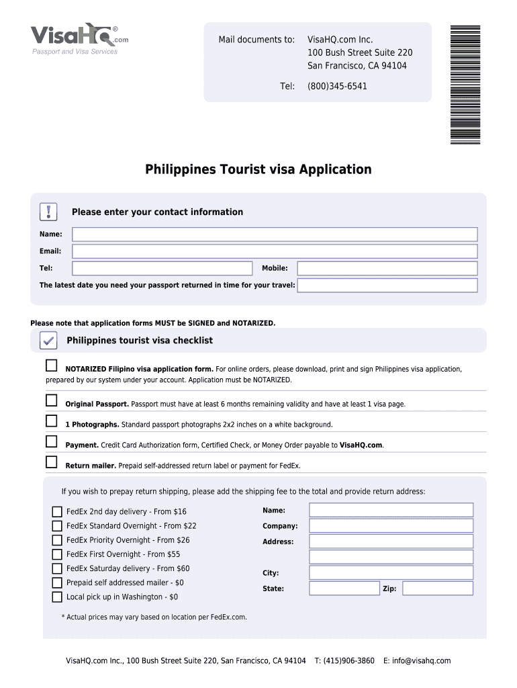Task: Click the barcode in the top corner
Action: click(465, 84)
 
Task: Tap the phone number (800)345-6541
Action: click(337, 86)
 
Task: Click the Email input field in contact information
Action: click(275, 251)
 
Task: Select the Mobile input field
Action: click(387, 268)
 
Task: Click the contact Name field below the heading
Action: click(275, 234)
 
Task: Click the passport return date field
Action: click(387, 286)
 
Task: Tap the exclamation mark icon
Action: click(48, 212)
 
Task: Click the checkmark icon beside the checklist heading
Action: click(48, 341)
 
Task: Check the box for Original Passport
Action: click(52, 400)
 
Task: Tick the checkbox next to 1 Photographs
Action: click(52, 421)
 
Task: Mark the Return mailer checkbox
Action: click(52, 462)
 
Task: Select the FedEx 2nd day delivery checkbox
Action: click(57, 512)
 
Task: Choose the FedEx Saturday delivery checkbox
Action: click(57, 568)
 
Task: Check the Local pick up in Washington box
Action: click(57, 597)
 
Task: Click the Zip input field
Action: click(438, 589)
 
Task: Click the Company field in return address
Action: click(391, 526)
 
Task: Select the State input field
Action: click(344, 589)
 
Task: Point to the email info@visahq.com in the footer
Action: click(417, 660)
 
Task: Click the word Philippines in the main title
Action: click(180, 169)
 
